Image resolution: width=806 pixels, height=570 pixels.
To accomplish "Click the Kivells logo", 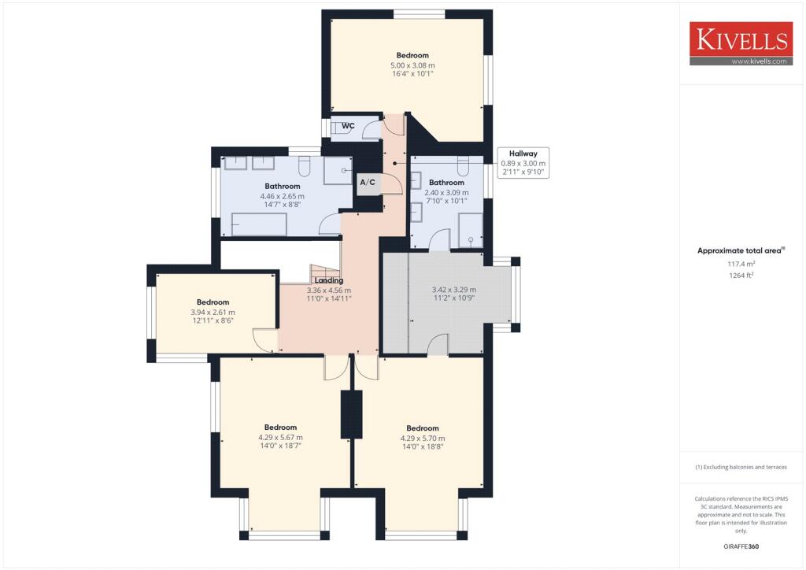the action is click(741, 43).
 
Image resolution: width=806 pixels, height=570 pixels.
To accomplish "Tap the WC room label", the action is click(348, 125).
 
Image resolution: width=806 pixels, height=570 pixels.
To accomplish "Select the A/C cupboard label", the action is click(368, 182).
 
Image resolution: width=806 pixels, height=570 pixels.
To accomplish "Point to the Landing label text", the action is click(329, 280).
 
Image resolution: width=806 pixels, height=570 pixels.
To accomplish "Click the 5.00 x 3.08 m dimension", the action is click(412, 65).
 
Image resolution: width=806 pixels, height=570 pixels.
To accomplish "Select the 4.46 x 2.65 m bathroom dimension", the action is click(283, 196).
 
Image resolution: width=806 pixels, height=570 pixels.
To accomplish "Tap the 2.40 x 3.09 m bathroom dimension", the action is click(446, 192).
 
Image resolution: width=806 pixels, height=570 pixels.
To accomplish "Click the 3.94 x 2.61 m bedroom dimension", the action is click(213, 312).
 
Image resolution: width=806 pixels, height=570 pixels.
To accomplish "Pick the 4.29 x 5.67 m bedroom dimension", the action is click(281, 438).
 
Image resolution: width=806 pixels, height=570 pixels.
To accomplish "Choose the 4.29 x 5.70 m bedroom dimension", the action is click(423, 439).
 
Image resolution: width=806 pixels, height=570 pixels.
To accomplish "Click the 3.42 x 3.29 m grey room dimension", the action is click(454, 290).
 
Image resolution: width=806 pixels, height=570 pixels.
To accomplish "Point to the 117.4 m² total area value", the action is click(741, 264).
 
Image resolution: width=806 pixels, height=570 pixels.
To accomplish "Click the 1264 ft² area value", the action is click(741, 275).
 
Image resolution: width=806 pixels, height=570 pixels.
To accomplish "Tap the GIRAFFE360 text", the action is click(741, 546).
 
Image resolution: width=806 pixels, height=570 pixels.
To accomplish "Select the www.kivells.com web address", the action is click(760, 61).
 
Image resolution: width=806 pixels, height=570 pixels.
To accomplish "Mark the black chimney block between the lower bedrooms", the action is click(352, 414).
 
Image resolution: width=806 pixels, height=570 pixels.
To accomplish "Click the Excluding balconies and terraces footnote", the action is click(741, 467).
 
